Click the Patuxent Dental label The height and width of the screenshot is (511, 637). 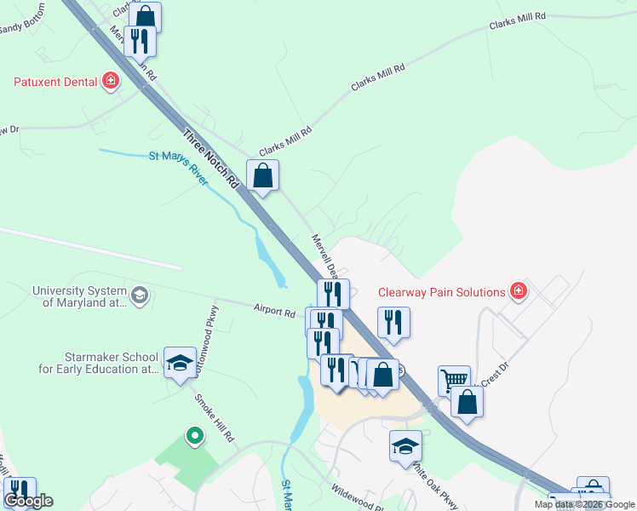click(56, 83)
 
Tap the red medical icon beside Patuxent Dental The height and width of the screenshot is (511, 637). click(110, 83)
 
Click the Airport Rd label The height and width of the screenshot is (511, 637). click(273, 311)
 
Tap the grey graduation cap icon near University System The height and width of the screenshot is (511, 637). click(139, 296)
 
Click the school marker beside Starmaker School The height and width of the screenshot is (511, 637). click(180, 365)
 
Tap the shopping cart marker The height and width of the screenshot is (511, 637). click(454, 380)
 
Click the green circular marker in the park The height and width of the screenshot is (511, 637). click(195, 436)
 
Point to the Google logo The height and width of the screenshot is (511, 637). click(28, 502)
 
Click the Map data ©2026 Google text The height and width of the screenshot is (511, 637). click(584, 504)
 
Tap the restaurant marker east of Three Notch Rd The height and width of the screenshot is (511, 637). click(393, 322)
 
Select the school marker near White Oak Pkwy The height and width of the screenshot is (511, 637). click(405, 445)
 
